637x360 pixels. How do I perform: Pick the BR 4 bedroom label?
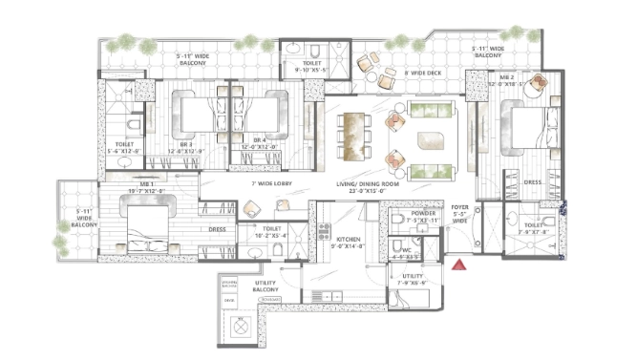coord(259,142)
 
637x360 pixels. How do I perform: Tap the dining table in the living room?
coord(354,135)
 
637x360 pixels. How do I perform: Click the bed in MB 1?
coord(143,228)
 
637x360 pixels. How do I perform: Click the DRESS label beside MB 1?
coord(218,229)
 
